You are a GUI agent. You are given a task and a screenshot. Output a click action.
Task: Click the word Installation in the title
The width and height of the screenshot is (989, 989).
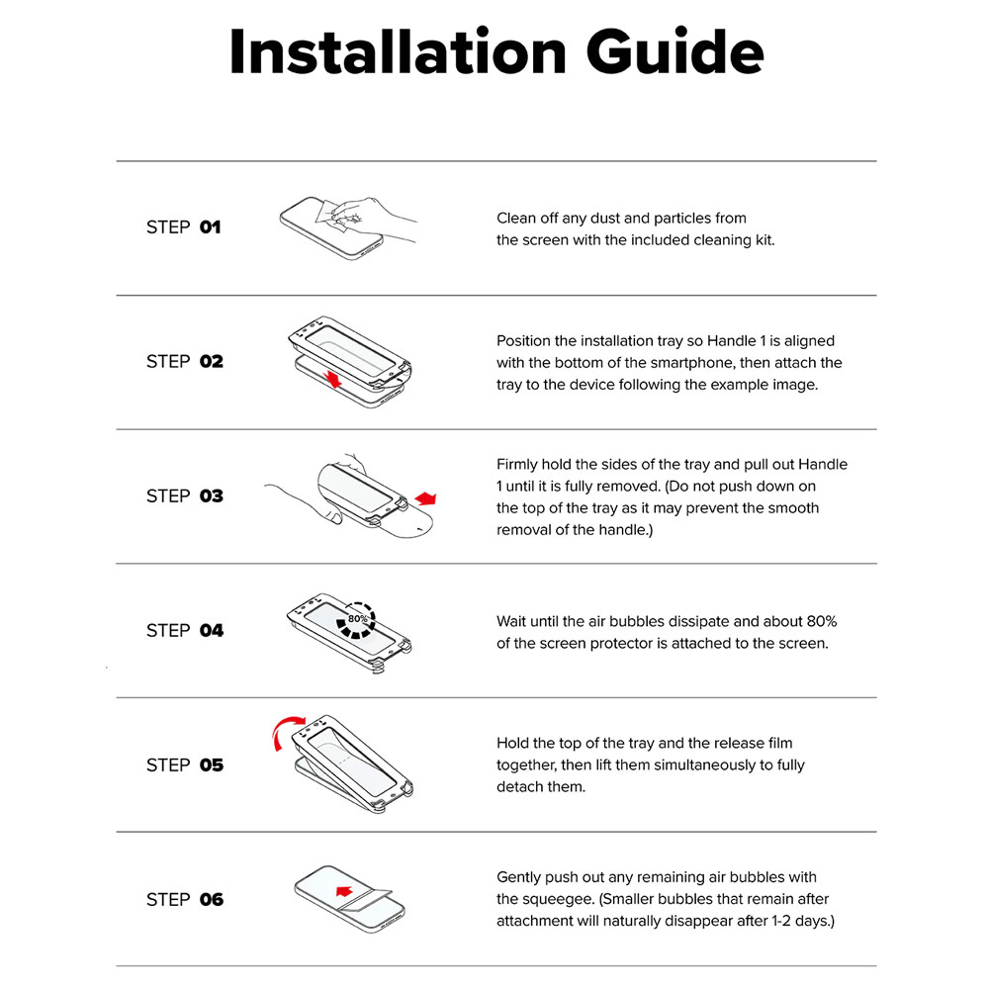click(398, 51)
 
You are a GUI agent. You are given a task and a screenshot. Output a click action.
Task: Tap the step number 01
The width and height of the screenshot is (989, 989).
click(210, 227)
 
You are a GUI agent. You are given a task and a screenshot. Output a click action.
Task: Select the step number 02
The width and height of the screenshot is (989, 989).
click(212, 361)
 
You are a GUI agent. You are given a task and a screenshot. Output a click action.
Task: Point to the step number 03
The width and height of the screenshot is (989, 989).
click(212, 495)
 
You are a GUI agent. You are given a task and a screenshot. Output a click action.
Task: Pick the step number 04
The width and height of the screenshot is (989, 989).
click(212, 630)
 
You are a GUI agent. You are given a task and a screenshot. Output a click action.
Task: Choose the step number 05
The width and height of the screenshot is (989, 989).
click(212, 765)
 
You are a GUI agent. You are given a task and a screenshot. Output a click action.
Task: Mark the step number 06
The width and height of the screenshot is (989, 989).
click(212, 899)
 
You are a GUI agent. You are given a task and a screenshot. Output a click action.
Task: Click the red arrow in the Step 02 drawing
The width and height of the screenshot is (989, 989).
click(332, 379)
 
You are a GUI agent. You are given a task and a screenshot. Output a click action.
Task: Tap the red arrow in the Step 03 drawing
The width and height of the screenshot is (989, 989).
click(425, 498)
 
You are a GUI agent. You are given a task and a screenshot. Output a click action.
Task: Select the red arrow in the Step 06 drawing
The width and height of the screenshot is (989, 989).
click(344, 891)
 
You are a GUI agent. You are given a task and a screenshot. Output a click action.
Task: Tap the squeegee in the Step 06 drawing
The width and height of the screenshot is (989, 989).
click(366, 898)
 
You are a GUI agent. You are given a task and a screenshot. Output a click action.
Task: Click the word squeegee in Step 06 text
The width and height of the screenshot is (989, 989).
click(557, 899)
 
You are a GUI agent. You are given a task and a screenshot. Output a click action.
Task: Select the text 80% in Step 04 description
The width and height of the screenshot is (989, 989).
click(821, 621)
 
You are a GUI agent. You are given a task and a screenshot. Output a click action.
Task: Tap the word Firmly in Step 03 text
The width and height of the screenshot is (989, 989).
click(517, 465)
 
